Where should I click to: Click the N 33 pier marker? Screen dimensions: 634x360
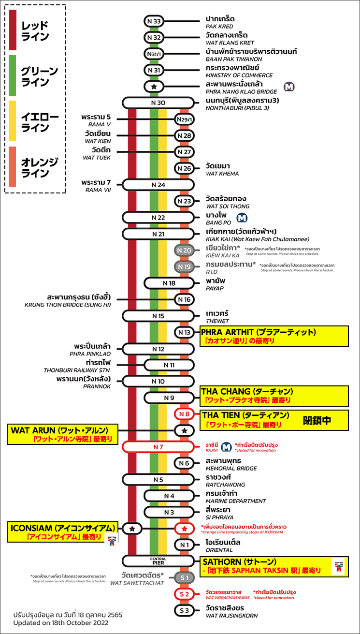[155, 21]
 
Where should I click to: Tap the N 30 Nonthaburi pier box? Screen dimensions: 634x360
[158, 103]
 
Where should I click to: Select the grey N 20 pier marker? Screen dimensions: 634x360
[184, 251]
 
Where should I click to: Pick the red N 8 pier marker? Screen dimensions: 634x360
[184, 414]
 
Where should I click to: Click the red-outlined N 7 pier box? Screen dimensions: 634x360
[158, 446]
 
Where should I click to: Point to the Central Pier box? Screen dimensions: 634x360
[158, 560]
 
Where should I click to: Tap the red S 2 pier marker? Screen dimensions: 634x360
[184, 594]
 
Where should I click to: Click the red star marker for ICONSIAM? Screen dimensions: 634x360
[184, 529]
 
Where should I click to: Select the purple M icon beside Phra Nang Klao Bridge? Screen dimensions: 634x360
[289, 87]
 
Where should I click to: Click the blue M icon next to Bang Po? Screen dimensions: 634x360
[242, 218]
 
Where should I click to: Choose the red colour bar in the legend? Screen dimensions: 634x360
[13, 30]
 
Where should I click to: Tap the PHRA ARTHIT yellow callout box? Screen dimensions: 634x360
[274, 336]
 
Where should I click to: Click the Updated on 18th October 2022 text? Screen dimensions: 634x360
[61, 623]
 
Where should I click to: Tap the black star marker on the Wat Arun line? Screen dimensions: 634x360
[184, 430]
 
